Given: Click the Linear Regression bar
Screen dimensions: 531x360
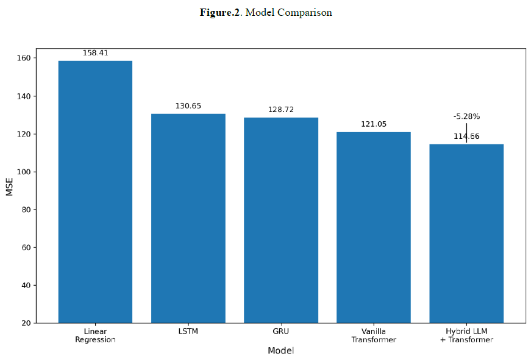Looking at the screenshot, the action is [x=95, y=192].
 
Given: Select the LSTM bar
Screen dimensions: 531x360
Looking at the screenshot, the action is [x=188, y=218].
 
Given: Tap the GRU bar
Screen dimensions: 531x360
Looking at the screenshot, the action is [x=281, y=221].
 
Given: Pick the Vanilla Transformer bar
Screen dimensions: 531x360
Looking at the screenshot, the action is [x=374, y=227].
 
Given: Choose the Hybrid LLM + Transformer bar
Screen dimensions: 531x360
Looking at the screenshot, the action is [x=466, y=233].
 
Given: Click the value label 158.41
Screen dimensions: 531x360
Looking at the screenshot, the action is [x=96, y=53].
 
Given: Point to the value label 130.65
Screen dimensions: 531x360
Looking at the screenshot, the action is [x=188, y=106].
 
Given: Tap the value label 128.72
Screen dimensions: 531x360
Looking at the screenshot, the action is [x=281, y=110].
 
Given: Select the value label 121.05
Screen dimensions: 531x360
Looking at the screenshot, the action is [x=374, y=124].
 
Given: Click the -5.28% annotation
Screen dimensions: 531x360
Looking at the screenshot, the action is [x=466, y=116].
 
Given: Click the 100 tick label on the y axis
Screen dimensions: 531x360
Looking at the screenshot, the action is [x=24, y=172].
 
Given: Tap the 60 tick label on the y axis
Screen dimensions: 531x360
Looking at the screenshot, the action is [x=26, y=247].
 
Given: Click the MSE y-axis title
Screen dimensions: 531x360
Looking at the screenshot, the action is [x=9, y=187].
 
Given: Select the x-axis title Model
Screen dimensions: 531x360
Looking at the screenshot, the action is [x=280, y=350].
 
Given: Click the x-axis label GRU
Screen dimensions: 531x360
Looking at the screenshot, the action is [x=280, y=331].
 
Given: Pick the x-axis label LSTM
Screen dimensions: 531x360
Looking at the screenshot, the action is [x=188, y=331].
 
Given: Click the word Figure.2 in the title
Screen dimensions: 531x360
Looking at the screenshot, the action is [x=219, y=13].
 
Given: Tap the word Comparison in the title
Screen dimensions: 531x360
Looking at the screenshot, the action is [x=305, y=13].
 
